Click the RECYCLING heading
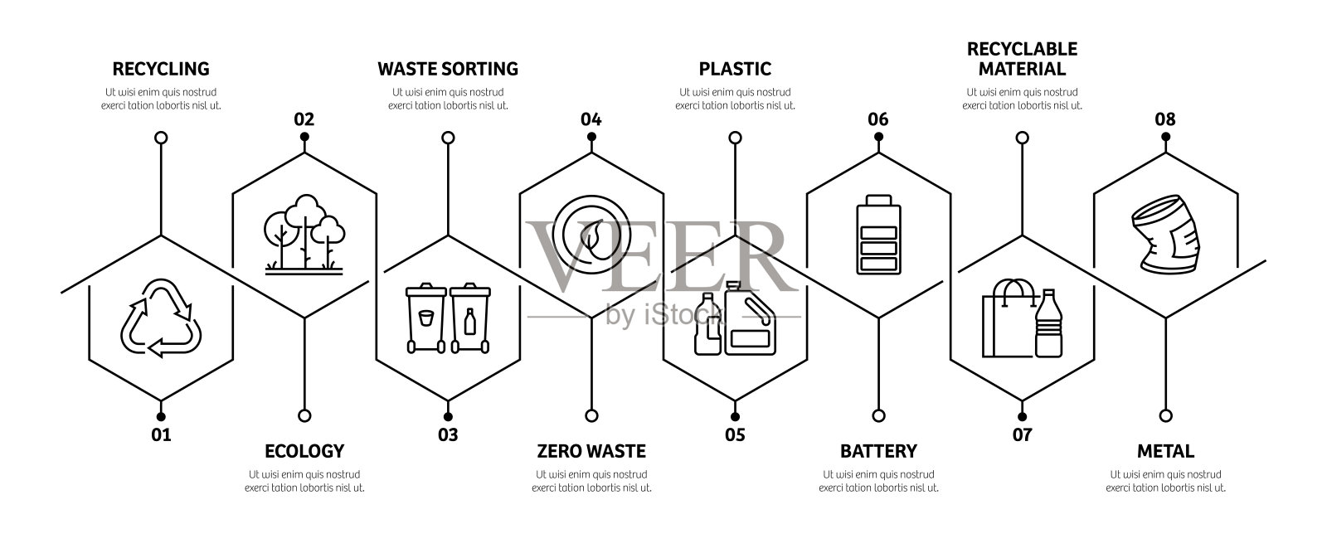click(161, 69)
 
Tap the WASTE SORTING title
click(448, 69)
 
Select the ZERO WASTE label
click(591, 452)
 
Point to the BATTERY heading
click(878, 452)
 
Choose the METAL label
click(1165, 452)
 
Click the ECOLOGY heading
click(304, 452)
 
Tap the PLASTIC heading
click(735, 69)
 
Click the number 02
click(304, 119)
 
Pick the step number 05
click(735, 434)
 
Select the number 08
click(1165, 119)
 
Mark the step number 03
click(448, 434)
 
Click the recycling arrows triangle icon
click(162, 319)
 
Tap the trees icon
click(304, 233)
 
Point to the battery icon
click(878, 234)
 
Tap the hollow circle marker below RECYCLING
click(162, 137)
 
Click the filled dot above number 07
click(1022, 416)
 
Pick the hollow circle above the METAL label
click(1165, 415)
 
